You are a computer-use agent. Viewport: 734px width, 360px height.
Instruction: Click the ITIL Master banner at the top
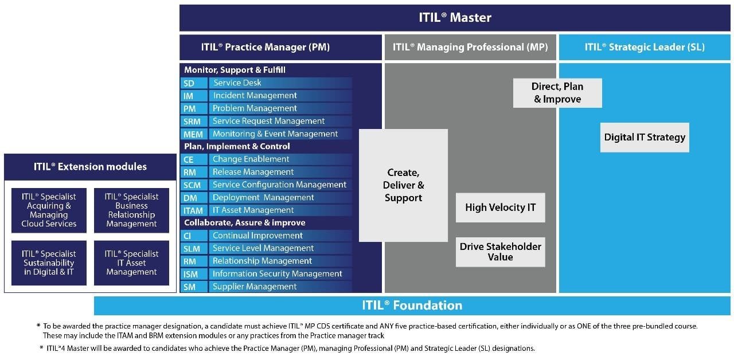[x=455, y=18]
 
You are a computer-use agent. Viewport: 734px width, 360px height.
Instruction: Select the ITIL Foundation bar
[x=412, y=306]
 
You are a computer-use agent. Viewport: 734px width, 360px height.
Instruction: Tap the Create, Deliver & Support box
[x=403, y=185]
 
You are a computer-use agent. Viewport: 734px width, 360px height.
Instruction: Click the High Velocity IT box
[x=500, y=208]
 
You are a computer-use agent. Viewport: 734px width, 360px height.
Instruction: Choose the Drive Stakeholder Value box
[x=500, y=252]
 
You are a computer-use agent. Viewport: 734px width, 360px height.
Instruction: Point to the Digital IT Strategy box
[x=645, y=137]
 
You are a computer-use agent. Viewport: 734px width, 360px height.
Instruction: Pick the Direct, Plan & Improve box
[x=557, y=93]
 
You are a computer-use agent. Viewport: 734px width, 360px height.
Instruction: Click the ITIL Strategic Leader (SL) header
[x=645, y=48]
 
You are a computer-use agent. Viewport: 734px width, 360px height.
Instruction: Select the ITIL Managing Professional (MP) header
[x=470, y=48]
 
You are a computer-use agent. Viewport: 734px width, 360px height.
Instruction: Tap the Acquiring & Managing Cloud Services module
[x=49, y=210]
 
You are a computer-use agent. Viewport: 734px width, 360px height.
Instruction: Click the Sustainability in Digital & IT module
[x=49, y=263]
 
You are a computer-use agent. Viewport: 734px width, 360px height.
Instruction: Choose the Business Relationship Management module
[x=131, y=210]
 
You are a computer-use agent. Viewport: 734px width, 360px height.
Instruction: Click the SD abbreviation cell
[x=189, y=83]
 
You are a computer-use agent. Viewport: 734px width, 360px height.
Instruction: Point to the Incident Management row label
[x=255, y=96]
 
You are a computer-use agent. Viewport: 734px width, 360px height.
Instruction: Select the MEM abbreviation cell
[x=193, y=134]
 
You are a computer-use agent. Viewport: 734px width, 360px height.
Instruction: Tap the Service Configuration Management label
[x=279, y=185]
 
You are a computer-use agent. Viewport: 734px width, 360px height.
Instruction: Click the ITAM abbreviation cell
[x=193, y=210]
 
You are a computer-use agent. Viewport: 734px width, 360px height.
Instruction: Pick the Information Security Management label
[x=277, y=274]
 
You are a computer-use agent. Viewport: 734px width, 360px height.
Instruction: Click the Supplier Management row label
[x=255, y=287]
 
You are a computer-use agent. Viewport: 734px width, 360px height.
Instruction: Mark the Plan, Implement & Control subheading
[x=237, y=146]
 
